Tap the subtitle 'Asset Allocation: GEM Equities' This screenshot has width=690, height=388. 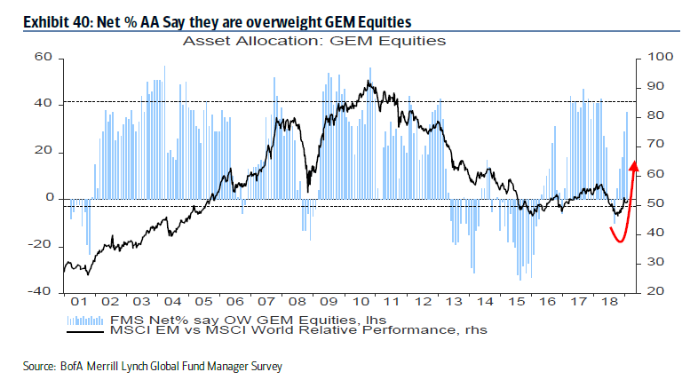click(313, 40)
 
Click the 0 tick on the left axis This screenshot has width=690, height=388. click(50, 198)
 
